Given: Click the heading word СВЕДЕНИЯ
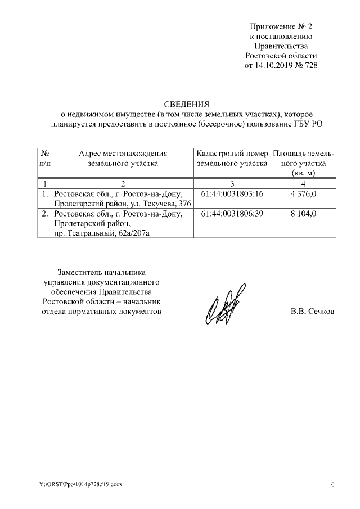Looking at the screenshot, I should click(x=186, y=104).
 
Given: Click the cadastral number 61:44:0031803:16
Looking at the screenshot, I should click(x=232, y=194).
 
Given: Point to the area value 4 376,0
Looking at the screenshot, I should click(x=303, y=194).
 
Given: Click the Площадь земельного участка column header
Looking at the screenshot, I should click(x=303, y=163).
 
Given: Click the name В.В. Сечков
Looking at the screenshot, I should click(x=312, y=311).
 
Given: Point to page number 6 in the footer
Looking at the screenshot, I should click(x=332, y=484).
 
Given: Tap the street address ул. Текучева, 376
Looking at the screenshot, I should click(x=163, y=203).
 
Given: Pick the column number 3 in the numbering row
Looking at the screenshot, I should click(x=232, y=184).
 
